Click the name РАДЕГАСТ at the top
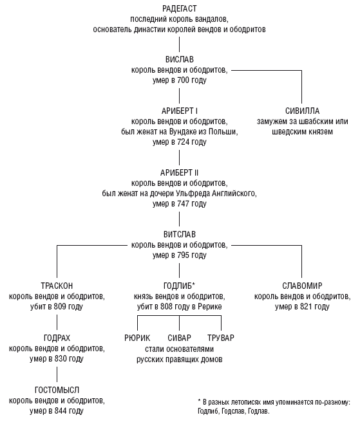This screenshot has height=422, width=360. point(180,8)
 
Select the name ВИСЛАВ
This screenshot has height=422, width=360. point(180,59)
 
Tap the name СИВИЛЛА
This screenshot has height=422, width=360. point(302,111)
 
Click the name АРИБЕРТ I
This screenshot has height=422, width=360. point(180,111)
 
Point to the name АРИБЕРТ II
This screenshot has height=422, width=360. point(180,172)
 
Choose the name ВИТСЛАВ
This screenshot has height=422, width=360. point(180,234)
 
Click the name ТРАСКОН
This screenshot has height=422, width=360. point(57,286)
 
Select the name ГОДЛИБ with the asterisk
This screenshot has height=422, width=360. point(179,286)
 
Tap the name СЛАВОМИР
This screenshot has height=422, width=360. point(302,286)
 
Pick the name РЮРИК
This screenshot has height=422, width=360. point(137,338)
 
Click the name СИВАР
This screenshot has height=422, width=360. point(180,338)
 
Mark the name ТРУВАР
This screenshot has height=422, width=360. point(221,338)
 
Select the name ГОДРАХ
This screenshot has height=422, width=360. point(57,338)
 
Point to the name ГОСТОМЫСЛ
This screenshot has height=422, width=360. point(57,390)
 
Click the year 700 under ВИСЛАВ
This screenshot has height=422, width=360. point(184,80)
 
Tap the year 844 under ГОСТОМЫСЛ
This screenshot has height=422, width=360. point(61,411)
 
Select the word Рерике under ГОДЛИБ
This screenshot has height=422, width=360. point(210,307)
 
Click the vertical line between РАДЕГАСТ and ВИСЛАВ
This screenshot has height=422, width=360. point(180,44)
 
